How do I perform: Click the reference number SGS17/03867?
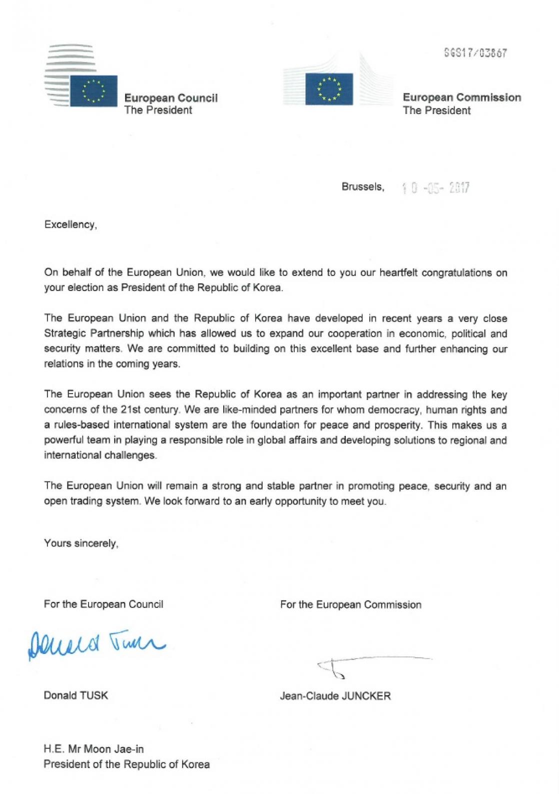tap(475, 53)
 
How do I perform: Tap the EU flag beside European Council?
tap(94, 91)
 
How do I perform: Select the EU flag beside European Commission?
tap(329, 89)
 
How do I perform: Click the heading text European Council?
tap(171, 98)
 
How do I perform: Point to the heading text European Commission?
tap(461, 97)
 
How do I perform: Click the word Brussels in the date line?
tap(363, 187)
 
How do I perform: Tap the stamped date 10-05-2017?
tap(435, 188)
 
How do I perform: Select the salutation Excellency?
tap(70, 224)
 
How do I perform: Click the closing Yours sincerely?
tap(81, 543)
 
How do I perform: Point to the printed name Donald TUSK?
tap(76, 695)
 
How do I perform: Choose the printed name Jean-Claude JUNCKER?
tap(335, 696)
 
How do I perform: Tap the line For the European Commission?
tap(350, 605)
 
